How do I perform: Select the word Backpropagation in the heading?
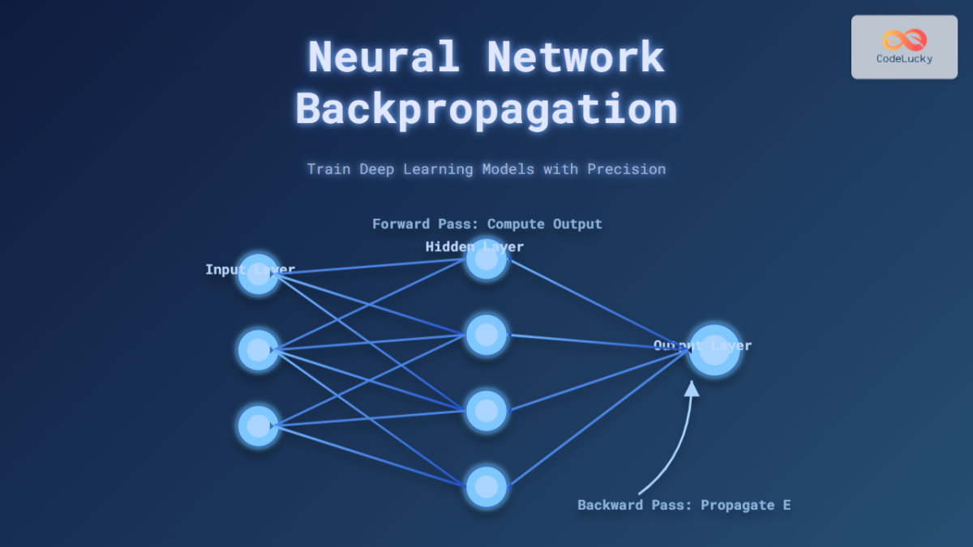(486, 109)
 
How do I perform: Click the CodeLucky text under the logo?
(904, 59)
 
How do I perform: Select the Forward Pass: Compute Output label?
(486, 224)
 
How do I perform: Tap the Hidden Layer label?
(474, 246)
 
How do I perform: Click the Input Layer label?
(250, 269)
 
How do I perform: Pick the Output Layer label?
(702, 345)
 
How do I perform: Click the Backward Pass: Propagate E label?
(684, 505)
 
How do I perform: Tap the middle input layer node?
(258, 350)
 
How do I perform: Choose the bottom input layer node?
(258, 425)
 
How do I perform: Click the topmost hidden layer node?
(486, 259)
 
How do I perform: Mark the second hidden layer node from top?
(486, 335)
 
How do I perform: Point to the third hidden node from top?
(486, 411)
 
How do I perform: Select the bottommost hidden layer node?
(486, 486)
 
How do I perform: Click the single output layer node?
(714, 351)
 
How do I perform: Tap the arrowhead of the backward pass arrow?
(691, 388)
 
